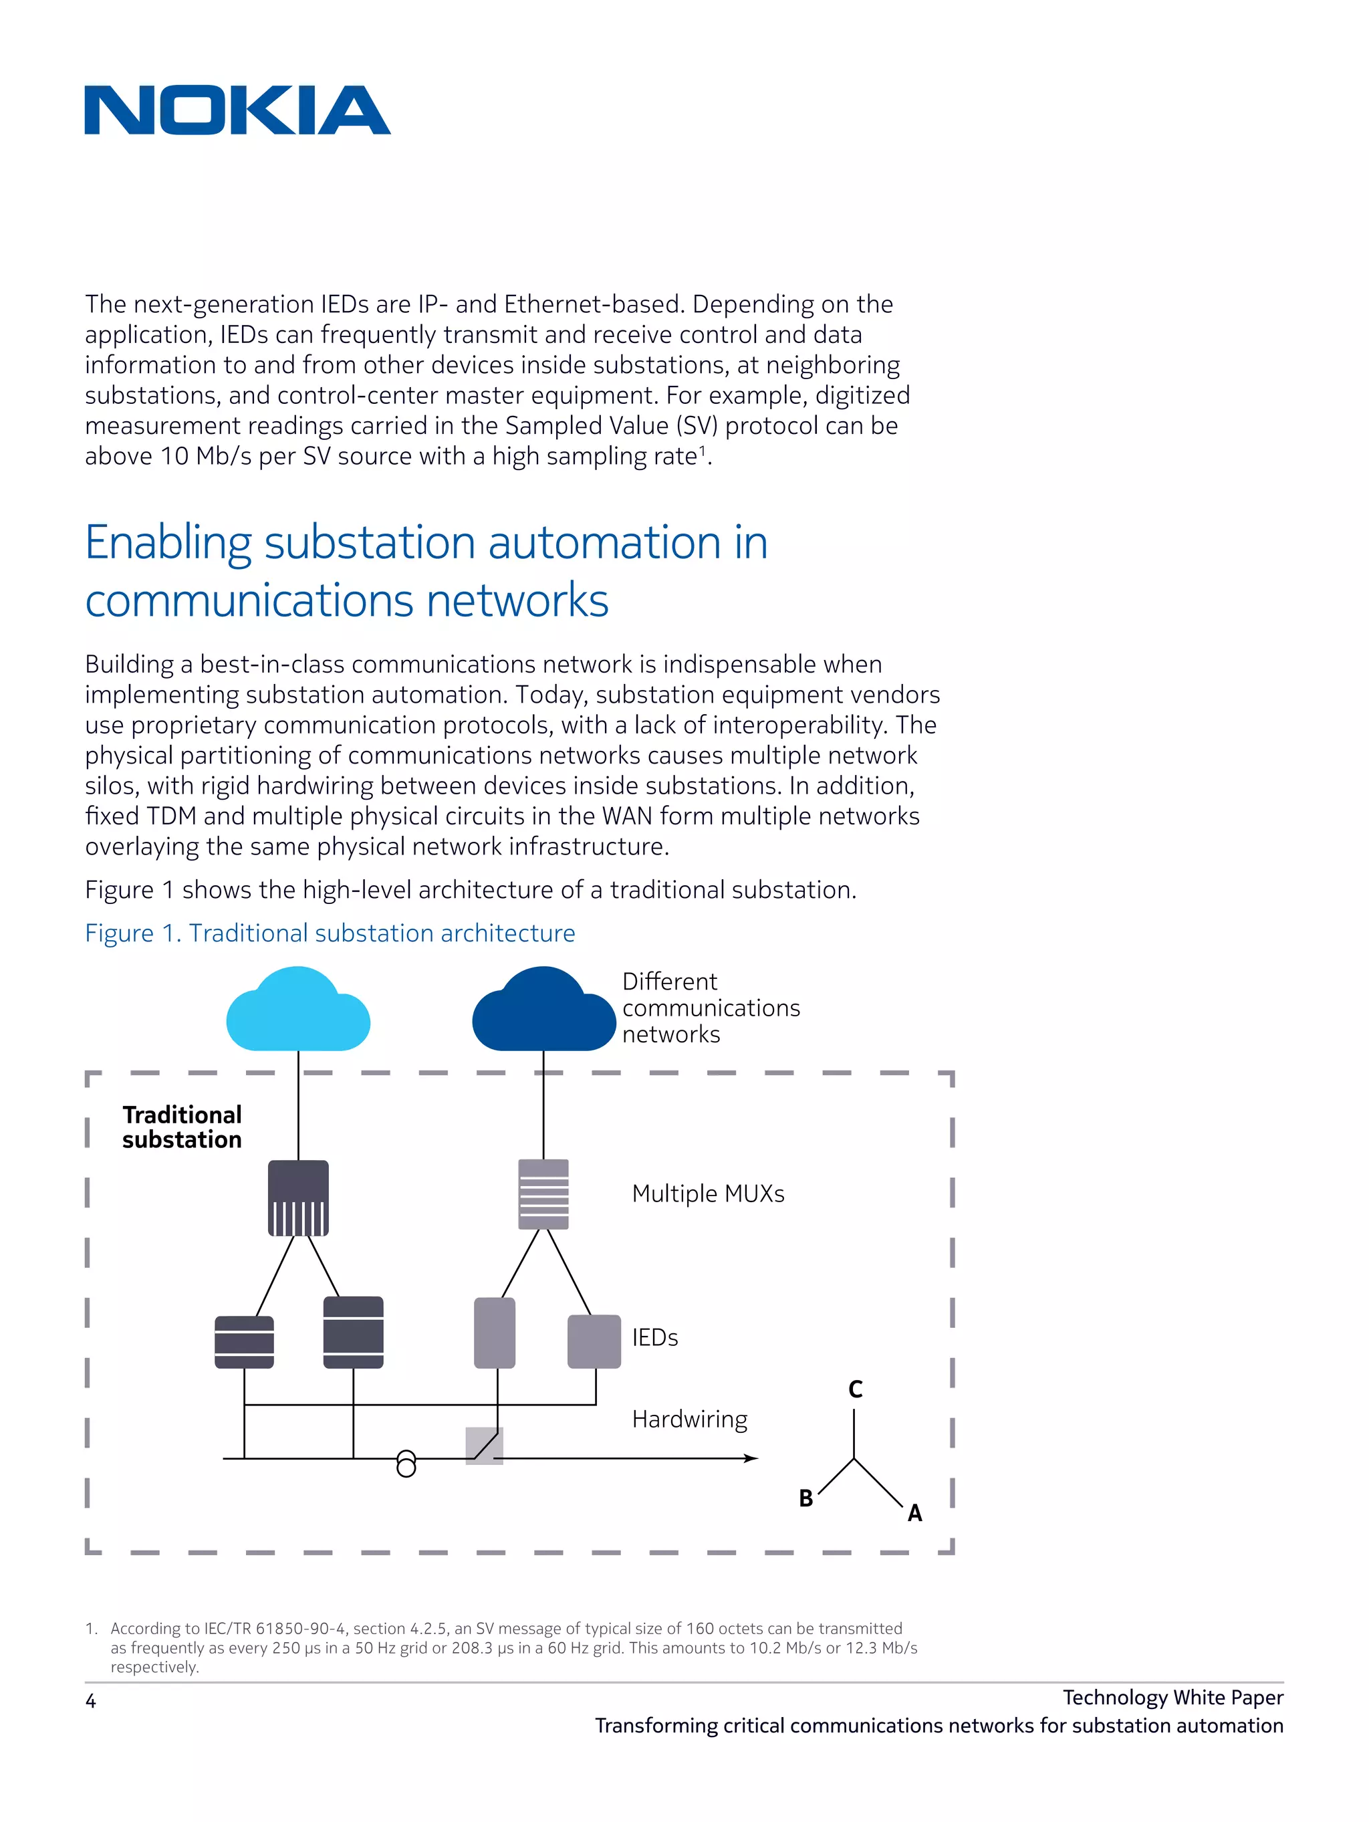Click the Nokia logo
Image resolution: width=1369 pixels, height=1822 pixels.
click(237, 110)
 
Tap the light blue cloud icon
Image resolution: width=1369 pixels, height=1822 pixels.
click(297, 1012)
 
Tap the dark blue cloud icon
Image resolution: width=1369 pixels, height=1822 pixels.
click(543, 1012)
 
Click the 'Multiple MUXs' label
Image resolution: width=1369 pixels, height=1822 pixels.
click(708, 1193)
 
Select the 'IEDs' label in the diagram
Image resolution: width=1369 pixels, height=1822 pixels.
click(655, 1337)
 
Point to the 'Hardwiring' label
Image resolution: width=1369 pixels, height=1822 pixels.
click(689, 1418)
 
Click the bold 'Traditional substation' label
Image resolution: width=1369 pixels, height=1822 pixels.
click(182, 1127)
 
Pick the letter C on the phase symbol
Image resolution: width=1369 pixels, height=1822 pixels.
click(855, 1389)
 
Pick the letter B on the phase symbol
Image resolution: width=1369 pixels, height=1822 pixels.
click(805, 1498)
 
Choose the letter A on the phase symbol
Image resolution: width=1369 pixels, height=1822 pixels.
click(914, 1513)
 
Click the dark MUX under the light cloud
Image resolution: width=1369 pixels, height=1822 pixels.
click(298, 1198)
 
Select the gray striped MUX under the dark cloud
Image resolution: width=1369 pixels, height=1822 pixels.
click(543, 1193)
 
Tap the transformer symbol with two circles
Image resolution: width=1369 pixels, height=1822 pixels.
click(406, 1463)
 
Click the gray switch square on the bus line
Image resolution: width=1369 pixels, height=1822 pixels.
click(485, 1446)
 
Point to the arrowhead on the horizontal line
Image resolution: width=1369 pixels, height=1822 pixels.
click(751, 1458)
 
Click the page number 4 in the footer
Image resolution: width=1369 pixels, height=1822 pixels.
click(91, 1701)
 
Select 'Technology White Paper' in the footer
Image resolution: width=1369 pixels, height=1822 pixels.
click(1172, 1697)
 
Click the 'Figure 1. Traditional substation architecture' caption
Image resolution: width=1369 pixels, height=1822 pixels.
click(330, 933)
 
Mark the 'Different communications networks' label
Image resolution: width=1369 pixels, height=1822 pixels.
click(710, 1008)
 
